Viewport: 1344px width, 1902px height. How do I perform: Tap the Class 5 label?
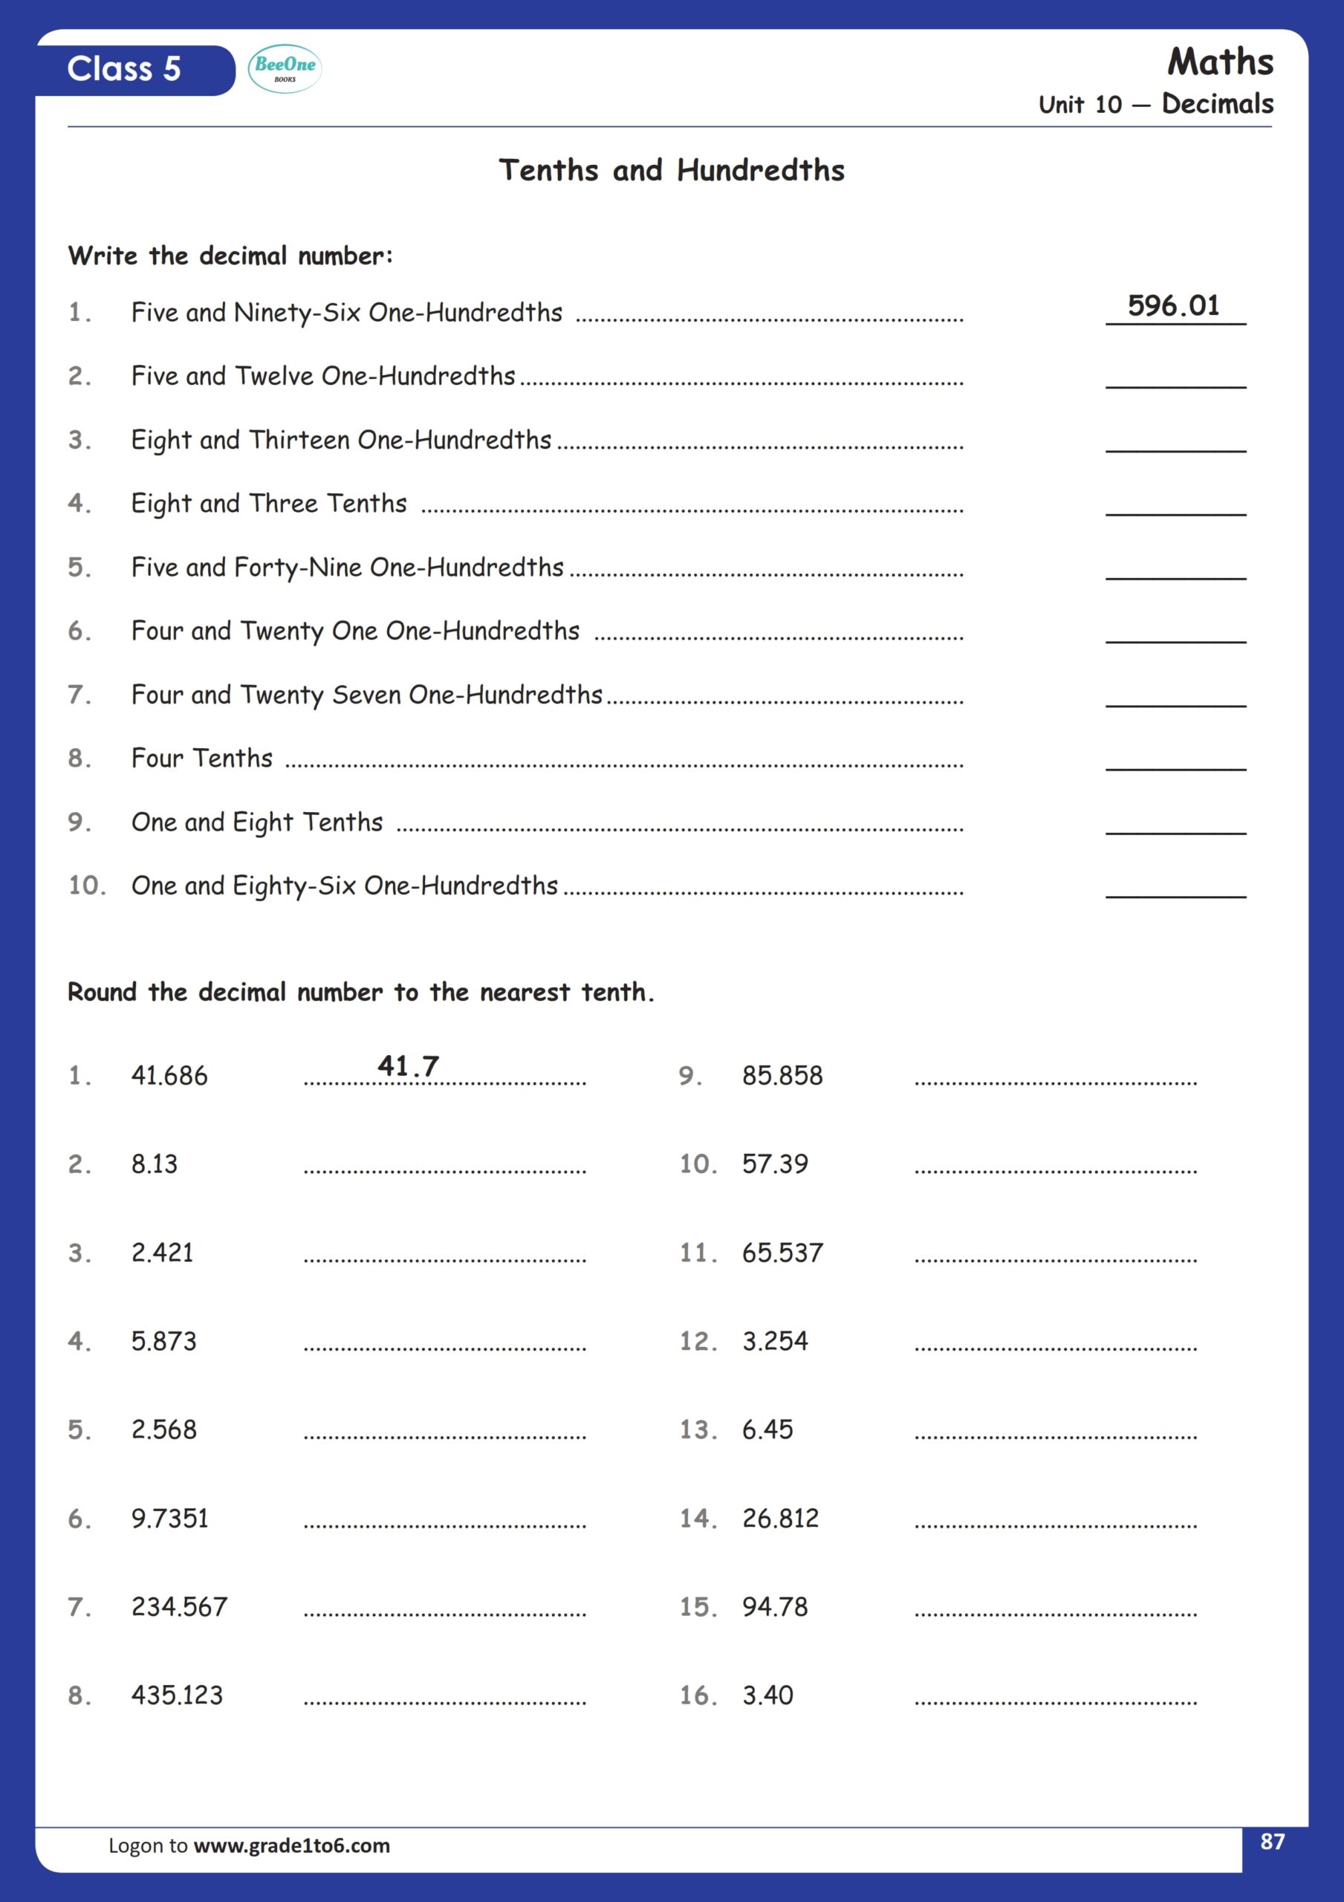pos(124,70)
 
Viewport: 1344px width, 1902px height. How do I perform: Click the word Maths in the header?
pos(1220,62)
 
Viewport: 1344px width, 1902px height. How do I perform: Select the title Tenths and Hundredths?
pos(671,171)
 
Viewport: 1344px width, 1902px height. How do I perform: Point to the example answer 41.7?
pos(409,1066)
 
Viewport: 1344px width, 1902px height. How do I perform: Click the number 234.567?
pos(179,1607)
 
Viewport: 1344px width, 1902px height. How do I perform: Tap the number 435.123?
pos(178,1695)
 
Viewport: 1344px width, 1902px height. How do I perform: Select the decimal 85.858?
pos(782,1075)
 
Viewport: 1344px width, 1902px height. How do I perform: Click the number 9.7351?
pos(170,1519)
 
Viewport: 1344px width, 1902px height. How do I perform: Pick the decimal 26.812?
pos(779,1519)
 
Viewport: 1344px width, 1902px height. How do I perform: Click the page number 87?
pos(1272,1842)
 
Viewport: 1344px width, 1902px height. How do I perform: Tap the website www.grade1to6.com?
pos(292,1846)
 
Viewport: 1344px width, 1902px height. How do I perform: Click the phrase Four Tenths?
pos(202,759)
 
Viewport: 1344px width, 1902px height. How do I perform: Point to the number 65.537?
pos(782,1253)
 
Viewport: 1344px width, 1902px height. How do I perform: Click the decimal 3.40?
pos(767,1695)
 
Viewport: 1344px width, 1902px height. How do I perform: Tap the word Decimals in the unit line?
pos(1217,104)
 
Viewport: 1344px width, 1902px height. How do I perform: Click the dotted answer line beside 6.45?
pos(1056,1434)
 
